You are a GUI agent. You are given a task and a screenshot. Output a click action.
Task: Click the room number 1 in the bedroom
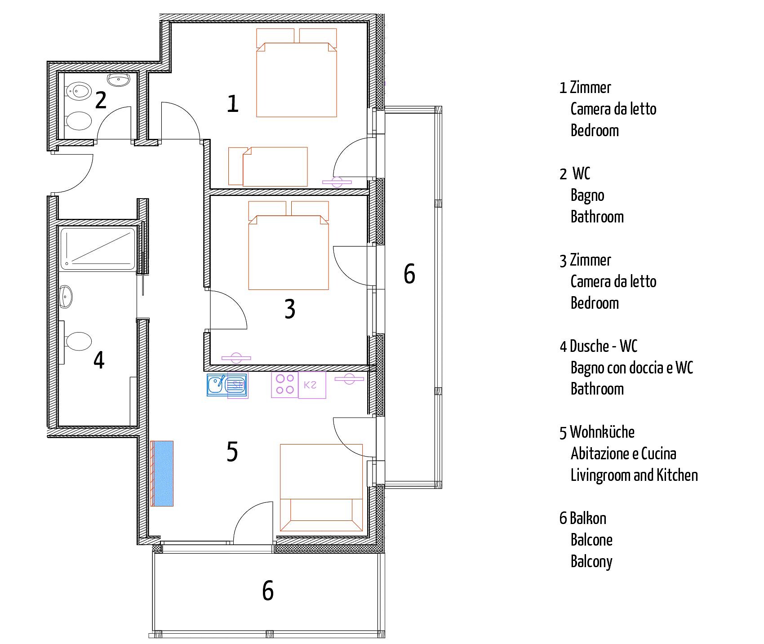[x=232, y=104]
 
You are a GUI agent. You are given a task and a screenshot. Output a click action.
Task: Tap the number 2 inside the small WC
[x=101, y=100]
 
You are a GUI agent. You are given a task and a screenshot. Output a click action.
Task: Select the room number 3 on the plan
[x=290, y=309]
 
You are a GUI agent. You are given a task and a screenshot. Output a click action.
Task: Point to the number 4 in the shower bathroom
[x=99, y=360]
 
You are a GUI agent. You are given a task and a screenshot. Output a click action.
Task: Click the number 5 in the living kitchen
[x=232, y=452]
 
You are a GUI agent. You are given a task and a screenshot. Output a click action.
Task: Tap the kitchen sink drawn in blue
[x=227, y=385]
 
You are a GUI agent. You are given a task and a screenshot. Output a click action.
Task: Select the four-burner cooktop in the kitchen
[x=285, y=384]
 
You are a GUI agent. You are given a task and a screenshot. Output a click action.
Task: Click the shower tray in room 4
[x=98, y=249]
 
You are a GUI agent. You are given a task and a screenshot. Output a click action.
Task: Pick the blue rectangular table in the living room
[x=162, y=474]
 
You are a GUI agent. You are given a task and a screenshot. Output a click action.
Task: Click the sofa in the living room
[x=321, y=488]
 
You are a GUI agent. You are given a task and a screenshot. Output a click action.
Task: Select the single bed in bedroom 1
[x=268, y=166]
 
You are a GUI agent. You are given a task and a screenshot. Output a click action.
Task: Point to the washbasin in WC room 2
[x=118, y=80]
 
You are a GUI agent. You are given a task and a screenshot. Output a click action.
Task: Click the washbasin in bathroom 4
[x=66, y=297]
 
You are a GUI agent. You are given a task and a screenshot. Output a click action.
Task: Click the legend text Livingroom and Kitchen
[x=634, y=475]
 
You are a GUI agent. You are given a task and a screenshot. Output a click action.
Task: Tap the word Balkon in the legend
[x=588, y=519]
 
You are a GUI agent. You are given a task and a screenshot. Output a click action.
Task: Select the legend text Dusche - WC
[x=604, y=346]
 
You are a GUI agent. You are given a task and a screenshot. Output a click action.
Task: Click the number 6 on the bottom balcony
[x=268, y=591]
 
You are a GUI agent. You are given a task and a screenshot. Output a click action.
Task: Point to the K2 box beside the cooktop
[x=312, y=385]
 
